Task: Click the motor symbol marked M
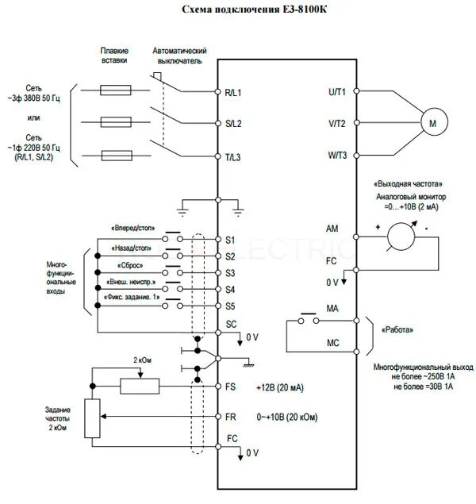(432, 124)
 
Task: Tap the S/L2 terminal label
(232, 124)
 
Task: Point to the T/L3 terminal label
(232, 157)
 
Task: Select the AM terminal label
(332, 229)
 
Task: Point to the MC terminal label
(332, 344)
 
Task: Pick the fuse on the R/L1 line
(114, 90)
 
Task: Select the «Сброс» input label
(131, 265)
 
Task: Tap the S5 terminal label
(231, 306)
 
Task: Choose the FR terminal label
(232, 416)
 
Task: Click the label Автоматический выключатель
(178, 55)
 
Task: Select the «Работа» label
(397, 329)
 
